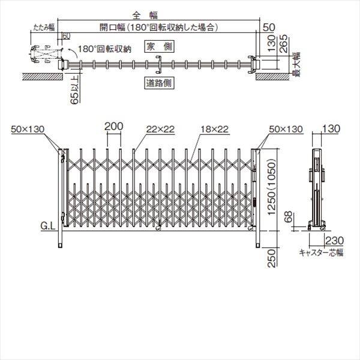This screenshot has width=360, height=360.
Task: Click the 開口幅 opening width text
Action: tap(157, 27)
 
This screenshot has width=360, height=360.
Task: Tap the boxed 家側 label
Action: tap(158, 46)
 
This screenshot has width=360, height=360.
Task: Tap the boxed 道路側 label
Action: tap(158, 83)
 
